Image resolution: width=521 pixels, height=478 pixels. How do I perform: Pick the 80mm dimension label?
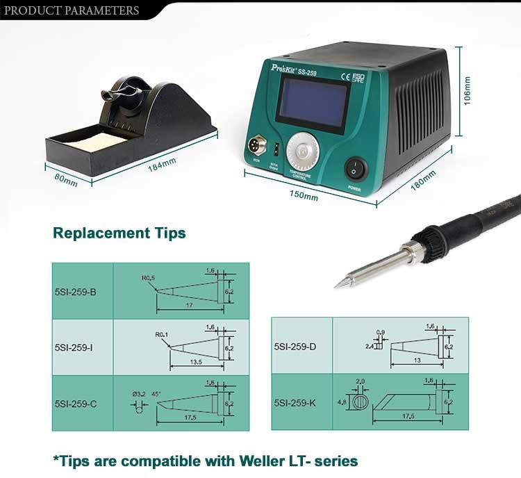[x=66, y=177]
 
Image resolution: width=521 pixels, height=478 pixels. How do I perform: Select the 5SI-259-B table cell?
[x=75, y=292]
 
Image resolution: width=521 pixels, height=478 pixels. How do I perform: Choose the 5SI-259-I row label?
[x=74, y=347]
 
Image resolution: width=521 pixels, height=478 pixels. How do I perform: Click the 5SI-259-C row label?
[x=75, y=403]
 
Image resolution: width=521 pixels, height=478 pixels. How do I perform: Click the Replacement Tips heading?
[x=119, y=233]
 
